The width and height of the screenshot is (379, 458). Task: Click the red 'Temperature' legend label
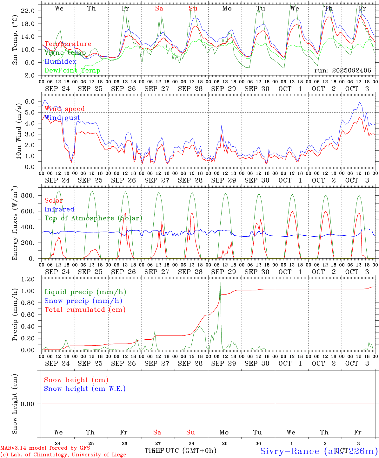pos(68,44)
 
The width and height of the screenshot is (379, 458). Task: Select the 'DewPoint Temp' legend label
pos(72,70)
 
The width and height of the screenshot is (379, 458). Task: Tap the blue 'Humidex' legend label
pos(60,61)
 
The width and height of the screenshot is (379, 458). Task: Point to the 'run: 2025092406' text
pos(342,70)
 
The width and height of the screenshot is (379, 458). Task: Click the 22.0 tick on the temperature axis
pos(28,11)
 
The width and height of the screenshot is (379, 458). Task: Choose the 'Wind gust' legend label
pos(62,118)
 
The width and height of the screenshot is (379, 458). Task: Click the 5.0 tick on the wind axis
pos(29,112)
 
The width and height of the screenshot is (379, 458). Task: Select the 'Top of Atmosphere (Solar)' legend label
pos(93,218)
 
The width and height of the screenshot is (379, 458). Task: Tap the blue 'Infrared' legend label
pos(59,209)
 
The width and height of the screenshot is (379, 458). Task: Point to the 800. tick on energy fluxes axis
pos(27,195)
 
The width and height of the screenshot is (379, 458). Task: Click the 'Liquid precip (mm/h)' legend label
pos(85,292)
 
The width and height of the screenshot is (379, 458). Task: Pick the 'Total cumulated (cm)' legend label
pos(85,309)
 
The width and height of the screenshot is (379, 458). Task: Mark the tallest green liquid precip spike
pos(220,282)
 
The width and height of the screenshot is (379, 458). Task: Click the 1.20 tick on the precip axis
pos(28,279)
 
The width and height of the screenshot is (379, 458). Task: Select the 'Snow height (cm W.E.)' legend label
pos(85,389)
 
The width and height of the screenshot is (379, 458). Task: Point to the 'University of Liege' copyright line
pos(63,455)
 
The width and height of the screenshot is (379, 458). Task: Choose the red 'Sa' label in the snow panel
pos(157,432)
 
